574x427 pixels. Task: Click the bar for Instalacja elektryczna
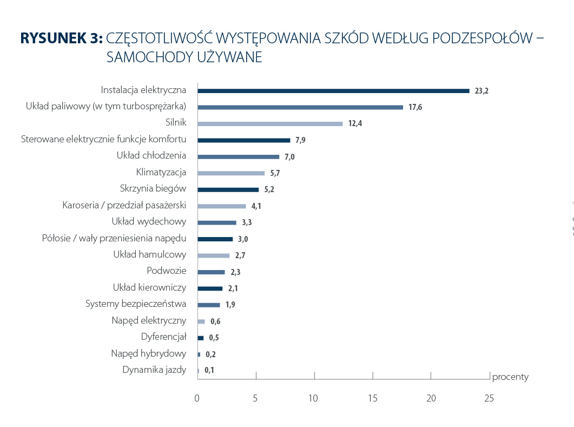point(333,91)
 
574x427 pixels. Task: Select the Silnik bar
point(270,124)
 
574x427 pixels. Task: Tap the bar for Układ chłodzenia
point(238,157)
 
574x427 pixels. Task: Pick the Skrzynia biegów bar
point(228,190)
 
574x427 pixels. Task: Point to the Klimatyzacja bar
point(231,173)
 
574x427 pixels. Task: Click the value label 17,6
point(415,108)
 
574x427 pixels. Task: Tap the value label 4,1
point(256,206)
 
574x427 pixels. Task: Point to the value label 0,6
point(215,321)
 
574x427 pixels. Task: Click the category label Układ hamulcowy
point(150,255)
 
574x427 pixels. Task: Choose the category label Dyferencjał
point(163,337)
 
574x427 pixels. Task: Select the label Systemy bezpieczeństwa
point(136,304)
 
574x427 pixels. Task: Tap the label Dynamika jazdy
point(154,370)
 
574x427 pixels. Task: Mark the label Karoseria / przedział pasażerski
point(124,206)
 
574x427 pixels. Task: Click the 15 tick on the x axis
point(372,398)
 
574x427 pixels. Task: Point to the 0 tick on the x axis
point(197,398)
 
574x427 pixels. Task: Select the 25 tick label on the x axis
point(489,398)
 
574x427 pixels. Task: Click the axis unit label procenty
point(510,377)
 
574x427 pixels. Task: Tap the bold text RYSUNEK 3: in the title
point(61,38)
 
